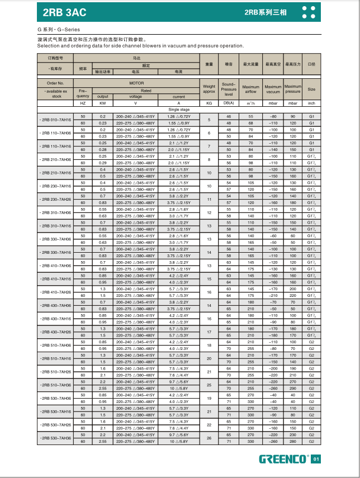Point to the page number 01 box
316,460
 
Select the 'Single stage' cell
178,110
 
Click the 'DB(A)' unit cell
229,103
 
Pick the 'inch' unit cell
312,103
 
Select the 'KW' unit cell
102,103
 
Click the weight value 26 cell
209,438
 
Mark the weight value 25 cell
209,385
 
